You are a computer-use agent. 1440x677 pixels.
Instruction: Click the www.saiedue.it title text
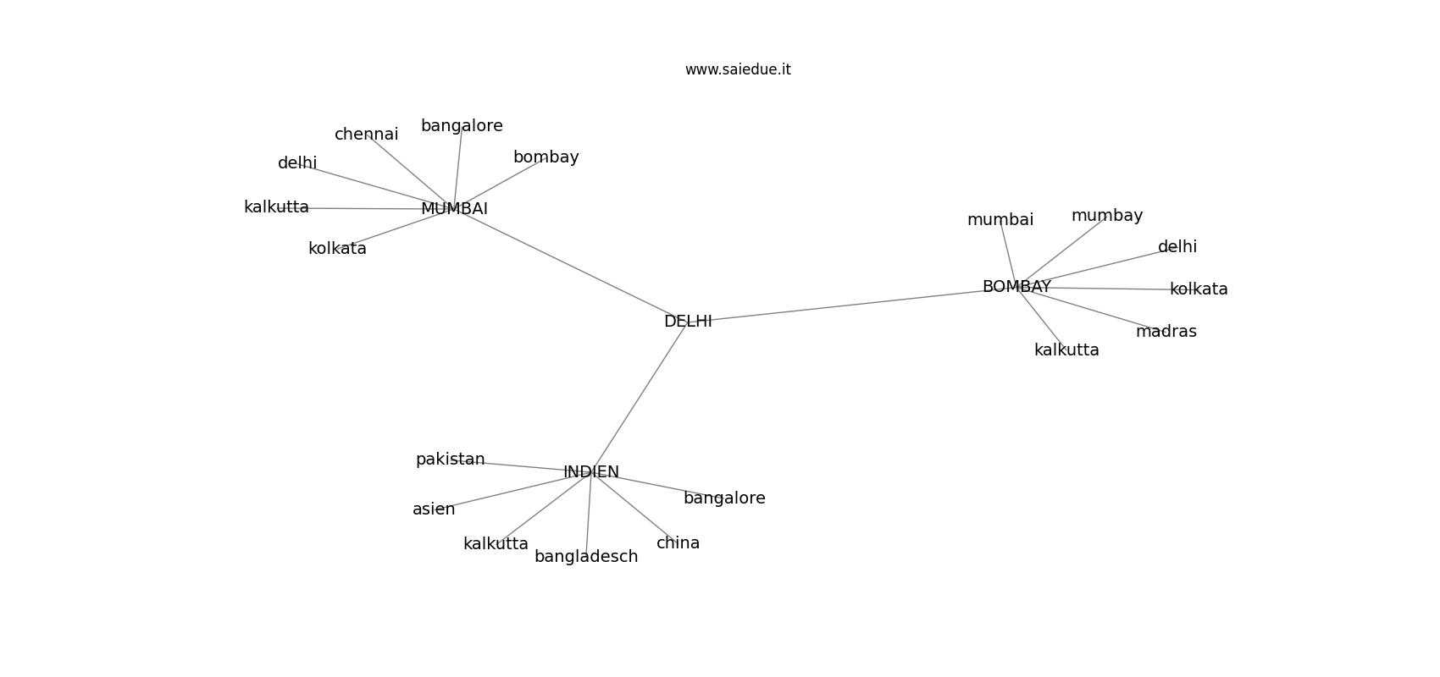point(738,69)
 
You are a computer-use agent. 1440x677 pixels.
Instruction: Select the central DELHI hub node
point(688,322)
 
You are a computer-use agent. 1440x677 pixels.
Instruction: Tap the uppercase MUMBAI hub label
point(455,209)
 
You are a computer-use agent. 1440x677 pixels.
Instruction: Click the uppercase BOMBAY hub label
point(1016,287)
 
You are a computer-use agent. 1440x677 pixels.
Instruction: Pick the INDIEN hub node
point(590,472)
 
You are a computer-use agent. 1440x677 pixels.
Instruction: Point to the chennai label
point(367,135)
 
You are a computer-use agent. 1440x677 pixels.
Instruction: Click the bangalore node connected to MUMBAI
point(462,127)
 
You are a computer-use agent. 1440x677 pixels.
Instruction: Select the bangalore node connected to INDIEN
point(724,498)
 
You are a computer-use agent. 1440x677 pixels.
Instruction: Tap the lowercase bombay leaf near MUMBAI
point(546,157)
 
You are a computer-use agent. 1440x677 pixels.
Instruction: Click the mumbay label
point(1107,216)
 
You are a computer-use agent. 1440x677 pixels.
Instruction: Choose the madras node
point(1166,332)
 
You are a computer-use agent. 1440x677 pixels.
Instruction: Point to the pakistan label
point(450,460)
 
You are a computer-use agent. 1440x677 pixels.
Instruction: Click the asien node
point(434,509)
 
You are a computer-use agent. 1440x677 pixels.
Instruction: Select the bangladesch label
point(586,557)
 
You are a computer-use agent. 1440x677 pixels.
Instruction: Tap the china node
point(678,543)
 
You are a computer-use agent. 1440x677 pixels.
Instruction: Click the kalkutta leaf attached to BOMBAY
point(1066,350)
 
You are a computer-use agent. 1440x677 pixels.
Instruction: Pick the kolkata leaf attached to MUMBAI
point(337,249)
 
